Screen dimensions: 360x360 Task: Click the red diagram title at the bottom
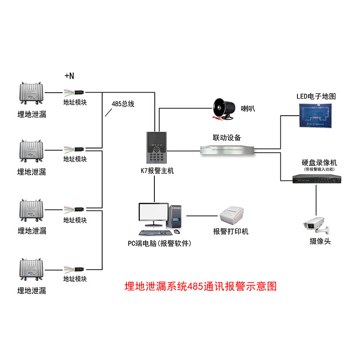point(200,286)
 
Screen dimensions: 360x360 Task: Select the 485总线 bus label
point(123,104)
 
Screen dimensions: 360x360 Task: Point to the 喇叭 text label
point(248,108)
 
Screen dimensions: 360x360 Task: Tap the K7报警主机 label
point(157,171)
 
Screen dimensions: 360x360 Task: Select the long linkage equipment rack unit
point(229,150)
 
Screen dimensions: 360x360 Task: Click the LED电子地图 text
point(316,96)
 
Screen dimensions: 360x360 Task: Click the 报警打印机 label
point(231,231)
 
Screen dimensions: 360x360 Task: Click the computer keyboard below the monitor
point(154,232)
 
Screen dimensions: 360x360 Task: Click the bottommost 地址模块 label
point(75,279)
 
